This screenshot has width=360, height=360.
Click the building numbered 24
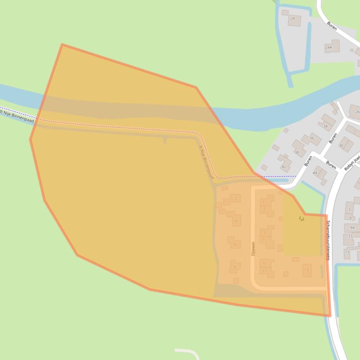[x=294, y=19]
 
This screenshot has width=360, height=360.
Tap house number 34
[x=326, y=125]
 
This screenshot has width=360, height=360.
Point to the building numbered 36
[x=311, y=138]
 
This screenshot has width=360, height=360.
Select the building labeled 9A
[x=352, y=228]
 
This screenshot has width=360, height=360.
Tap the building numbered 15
[x=347, y=252]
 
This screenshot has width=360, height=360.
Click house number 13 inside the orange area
[x=307, y=270]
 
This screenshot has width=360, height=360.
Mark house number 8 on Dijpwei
[x=235, y=267]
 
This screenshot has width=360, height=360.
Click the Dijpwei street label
[x=253, y=248]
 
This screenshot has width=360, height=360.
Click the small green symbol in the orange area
[x=302, y=218]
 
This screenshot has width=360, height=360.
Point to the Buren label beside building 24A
[x=332, y=26]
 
